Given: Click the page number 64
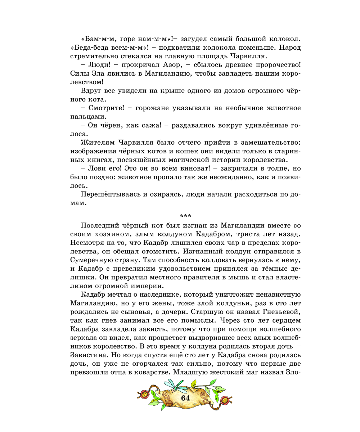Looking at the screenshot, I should point(185,398).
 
